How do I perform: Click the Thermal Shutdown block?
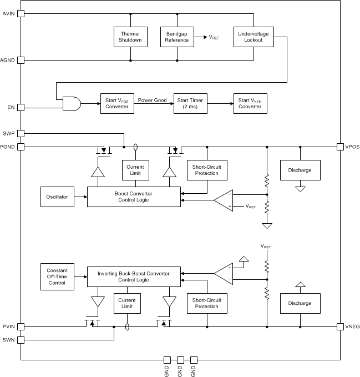pyautogui.click(x=130, y=37)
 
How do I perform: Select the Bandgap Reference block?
pyautogui.click(x=177, y=37)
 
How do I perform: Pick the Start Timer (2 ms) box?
pyautogui.click(x=190, y=103)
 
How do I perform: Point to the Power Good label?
pyautogui.click(x=152, y=100)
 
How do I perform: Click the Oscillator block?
pyautogui.click(x=58, y=197)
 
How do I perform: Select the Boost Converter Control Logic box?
pyautogui.click(x=134, y=197)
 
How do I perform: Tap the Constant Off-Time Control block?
pyautogui.click(x=58, y=276)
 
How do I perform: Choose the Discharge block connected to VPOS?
pyautogui.click(x=300, y=170)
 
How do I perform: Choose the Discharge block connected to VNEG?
pyautogui.click(x=300, y=303)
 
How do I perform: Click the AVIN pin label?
pyautogui.click(x=9, y=14)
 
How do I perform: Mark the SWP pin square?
pyautogui.click(x=21, y=133)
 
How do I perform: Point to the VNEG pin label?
pyautogui.click(x=352, y=326)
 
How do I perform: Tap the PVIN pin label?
pyautogui.click(x=9, y=326)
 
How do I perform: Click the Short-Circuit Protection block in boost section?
pyautogui.click(x=206, y=170)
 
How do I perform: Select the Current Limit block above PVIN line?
pyautogui.click(x=127, y=303)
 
